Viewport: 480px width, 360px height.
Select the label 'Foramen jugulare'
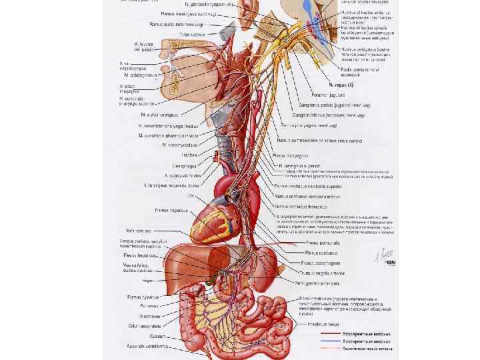(300, 95)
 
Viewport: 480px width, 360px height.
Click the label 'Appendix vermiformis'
(147, 347)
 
